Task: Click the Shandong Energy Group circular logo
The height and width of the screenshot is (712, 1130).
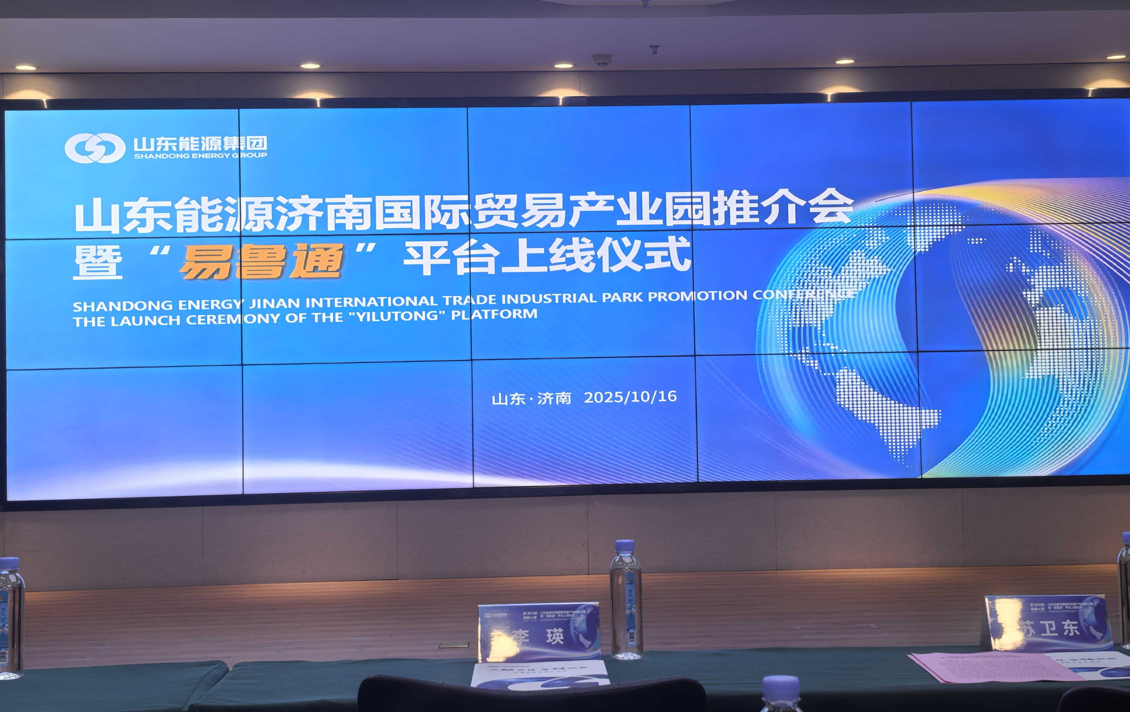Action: pos(95,148)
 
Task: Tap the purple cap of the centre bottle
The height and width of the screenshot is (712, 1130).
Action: pos(625,545)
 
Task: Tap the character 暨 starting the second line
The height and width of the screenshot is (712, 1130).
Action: pos(98,263)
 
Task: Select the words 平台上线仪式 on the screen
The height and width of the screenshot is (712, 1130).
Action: pos(547,256)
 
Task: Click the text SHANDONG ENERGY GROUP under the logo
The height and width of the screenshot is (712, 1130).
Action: pos(200,156)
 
